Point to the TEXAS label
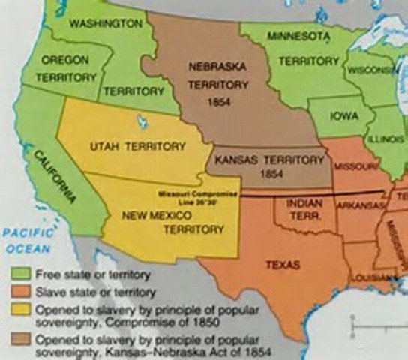282,265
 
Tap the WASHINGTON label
105,23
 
